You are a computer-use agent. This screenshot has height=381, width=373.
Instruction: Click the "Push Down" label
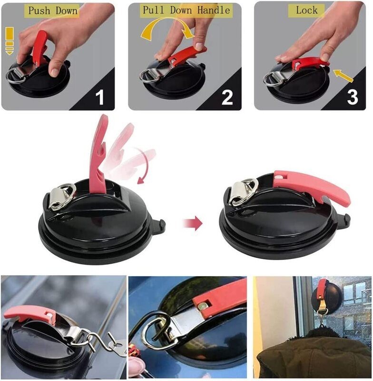click(x=53, y=10)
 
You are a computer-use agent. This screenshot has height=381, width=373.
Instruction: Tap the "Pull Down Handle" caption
click(x=186, y=10)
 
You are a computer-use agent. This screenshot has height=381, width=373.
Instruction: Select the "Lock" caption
click(x=306, y=10)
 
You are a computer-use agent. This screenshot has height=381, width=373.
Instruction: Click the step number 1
click(x=99, y=97)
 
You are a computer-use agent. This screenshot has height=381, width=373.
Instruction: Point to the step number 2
click(x=227, y=97)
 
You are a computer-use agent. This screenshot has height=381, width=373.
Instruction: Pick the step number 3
click(x=352, y=97)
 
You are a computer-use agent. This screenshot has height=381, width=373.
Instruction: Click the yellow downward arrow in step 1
click(x=9, y=42)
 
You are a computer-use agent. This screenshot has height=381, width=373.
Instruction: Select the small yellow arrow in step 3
click(x=343, y=75)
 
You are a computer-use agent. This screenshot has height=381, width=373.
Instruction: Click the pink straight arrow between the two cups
click(x=192, y=223)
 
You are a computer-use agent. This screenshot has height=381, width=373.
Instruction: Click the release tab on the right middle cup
click(x=347, y=220)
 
